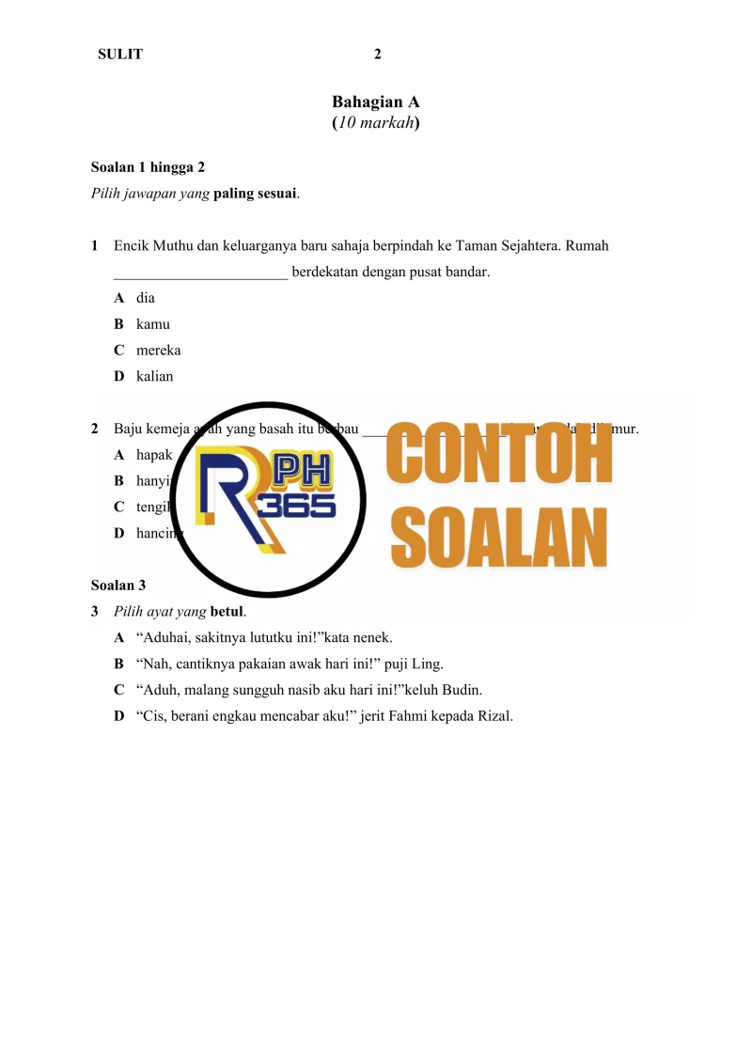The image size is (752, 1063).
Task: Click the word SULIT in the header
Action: [120, 55]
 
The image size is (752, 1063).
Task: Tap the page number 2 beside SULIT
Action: [378, 55]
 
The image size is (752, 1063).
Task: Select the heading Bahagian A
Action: [375, 102]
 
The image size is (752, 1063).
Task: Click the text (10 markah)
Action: [375, 123]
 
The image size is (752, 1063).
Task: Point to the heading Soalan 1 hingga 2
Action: [148, 167]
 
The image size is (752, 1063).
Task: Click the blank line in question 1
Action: [200, 274]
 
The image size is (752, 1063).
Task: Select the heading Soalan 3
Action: [118, 586]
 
